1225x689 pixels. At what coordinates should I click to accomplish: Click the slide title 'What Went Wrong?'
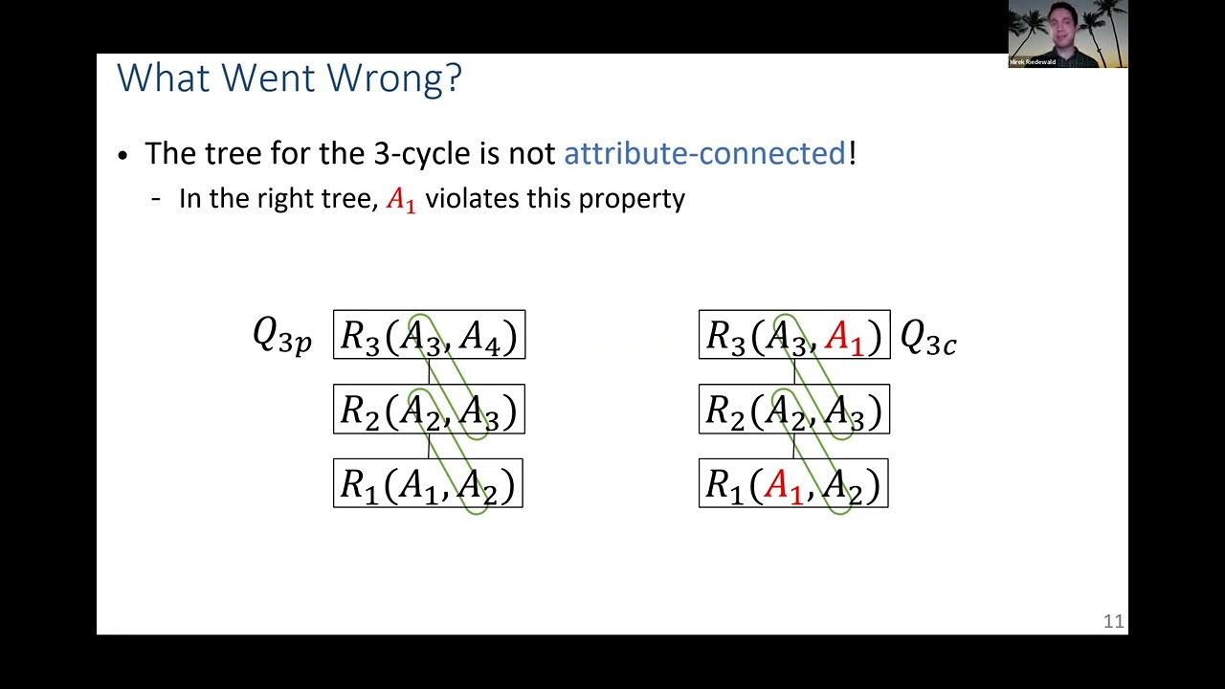point(289,78)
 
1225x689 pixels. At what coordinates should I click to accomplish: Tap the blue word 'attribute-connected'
point(704,153)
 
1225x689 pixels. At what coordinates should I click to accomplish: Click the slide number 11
point(1113,622)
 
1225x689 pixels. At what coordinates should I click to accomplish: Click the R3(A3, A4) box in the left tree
point(429,335)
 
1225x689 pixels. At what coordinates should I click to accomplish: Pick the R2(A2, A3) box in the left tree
point(429,410)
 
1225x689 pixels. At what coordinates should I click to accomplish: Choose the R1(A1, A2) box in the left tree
point(428,484)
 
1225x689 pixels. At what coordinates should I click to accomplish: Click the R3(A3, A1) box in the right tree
point(794,335)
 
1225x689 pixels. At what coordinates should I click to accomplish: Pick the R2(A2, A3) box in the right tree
point(794,410)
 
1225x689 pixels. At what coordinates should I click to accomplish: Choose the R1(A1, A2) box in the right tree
point(793,484)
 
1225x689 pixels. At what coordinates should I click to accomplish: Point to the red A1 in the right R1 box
point(783,486)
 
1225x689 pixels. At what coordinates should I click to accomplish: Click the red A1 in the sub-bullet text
point(401,200)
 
